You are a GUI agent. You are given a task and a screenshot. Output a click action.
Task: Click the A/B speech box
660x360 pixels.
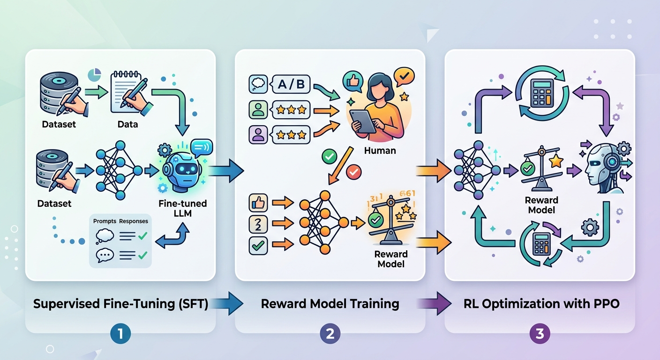[289, 85]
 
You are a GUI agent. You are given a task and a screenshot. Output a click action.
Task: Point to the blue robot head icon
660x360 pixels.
[180, 172]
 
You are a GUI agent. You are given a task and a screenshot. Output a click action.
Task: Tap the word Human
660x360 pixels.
[380, 151]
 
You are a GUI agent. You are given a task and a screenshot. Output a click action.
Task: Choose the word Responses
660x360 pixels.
[134, 221]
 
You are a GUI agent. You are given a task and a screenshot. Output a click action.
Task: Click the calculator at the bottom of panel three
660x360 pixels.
[542, 243]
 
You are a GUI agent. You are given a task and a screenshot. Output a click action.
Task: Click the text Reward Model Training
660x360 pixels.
[330, 304]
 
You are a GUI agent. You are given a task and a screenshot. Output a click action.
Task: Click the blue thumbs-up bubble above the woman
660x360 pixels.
[353, 80]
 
